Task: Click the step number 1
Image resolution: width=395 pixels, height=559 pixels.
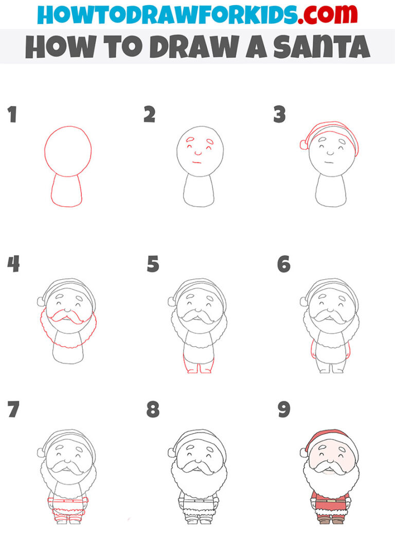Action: tap(12, 115)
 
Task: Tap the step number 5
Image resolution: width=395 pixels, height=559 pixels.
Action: tap(153, 264)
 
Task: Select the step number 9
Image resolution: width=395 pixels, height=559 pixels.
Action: tap(283, 410)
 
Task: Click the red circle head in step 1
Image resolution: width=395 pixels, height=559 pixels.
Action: tap(68, 151)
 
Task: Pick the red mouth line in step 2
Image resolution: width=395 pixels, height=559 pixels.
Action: tap(196, 163)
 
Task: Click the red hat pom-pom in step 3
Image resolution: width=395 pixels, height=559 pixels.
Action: tap(303, 146)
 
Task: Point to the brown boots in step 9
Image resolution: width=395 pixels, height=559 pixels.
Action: tap(331, 520)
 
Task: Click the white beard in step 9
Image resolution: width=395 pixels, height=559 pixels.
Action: tap(331, 483)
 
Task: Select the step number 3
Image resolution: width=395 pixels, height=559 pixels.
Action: tap(279, 115)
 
